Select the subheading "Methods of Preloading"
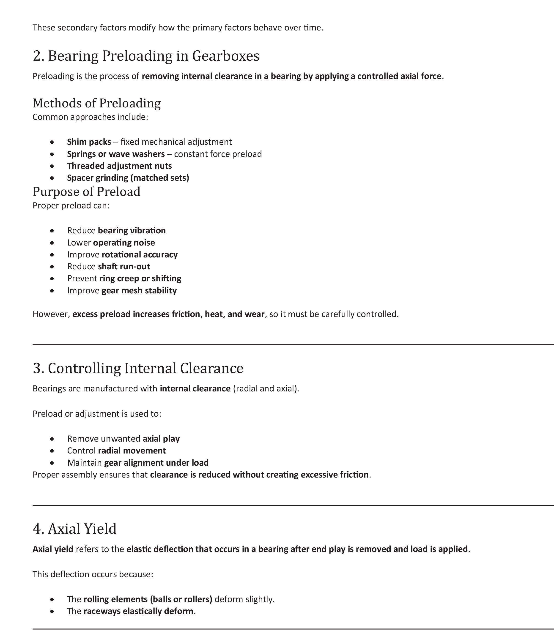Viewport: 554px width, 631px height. [x=97, y=103]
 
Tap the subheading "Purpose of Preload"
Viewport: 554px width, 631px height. [x=86, y=192]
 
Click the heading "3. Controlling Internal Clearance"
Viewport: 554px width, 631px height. [x=138, y=368]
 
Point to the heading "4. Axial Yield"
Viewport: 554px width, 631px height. [x=75, y=529]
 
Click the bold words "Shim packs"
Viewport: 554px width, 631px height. [x=89, y=142]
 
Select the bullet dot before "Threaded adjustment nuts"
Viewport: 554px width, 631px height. [x=52, y=166]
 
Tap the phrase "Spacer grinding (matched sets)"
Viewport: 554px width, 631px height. [x=128, y=178]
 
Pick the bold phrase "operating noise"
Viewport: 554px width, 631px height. [x=124, y=243]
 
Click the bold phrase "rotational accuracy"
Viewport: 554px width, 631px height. [x=140, y=255]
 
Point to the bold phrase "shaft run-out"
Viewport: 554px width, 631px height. [x=124, y=266]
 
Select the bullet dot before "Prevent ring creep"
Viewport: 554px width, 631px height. [x=52, y=279]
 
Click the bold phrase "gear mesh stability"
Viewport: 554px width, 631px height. [x=139, y=290]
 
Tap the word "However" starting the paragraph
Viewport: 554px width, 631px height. [x=51, y=314]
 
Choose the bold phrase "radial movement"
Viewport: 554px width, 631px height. [x=132, y=451]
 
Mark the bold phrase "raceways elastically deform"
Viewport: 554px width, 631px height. [x=138, y=611]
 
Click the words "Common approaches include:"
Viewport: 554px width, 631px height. [x=90, y=117]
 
